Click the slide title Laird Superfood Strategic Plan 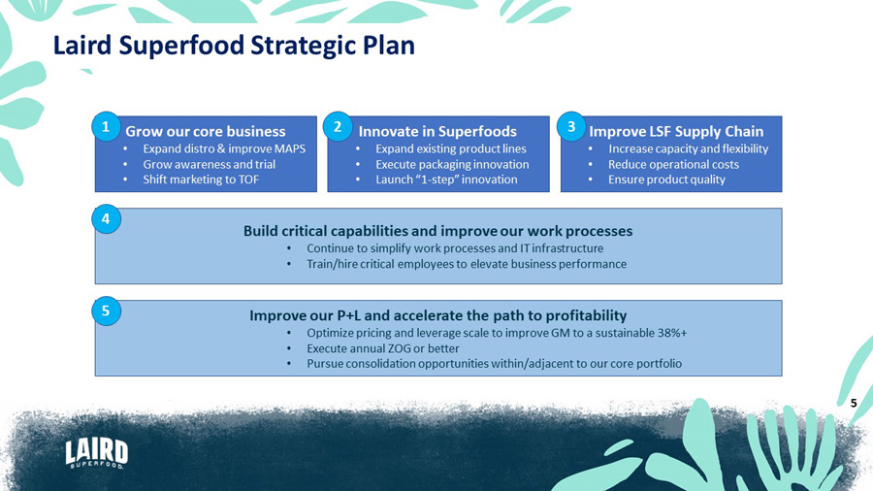[x=234, y=46]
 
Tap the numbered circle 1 [x=106, y=127]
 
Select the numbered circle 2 [x=338, y=127]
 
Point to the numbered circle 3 [x=570, y=127]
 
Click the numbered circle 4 [x=106, y=218]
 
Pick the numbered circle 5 [x=106, y=311]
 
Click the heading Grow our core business [x=206, y=131]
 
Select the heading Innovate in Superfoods [x=437, y=131]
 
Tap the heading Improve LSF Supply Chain [x=676, y=131]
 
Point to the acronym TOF [x=247, y=180]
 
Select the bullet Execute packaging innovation [x=452, y=164]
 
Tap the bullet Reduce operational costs [x=674, y=164]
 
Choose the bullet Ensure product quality [x=666, y=180]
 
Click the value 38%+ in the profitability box [x=672, y=333]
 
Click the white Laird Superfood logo [x=97, y=453]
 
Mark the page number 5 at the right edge [x=854, y=403]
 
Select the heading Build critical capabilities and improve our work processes [x=438, y=231]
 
